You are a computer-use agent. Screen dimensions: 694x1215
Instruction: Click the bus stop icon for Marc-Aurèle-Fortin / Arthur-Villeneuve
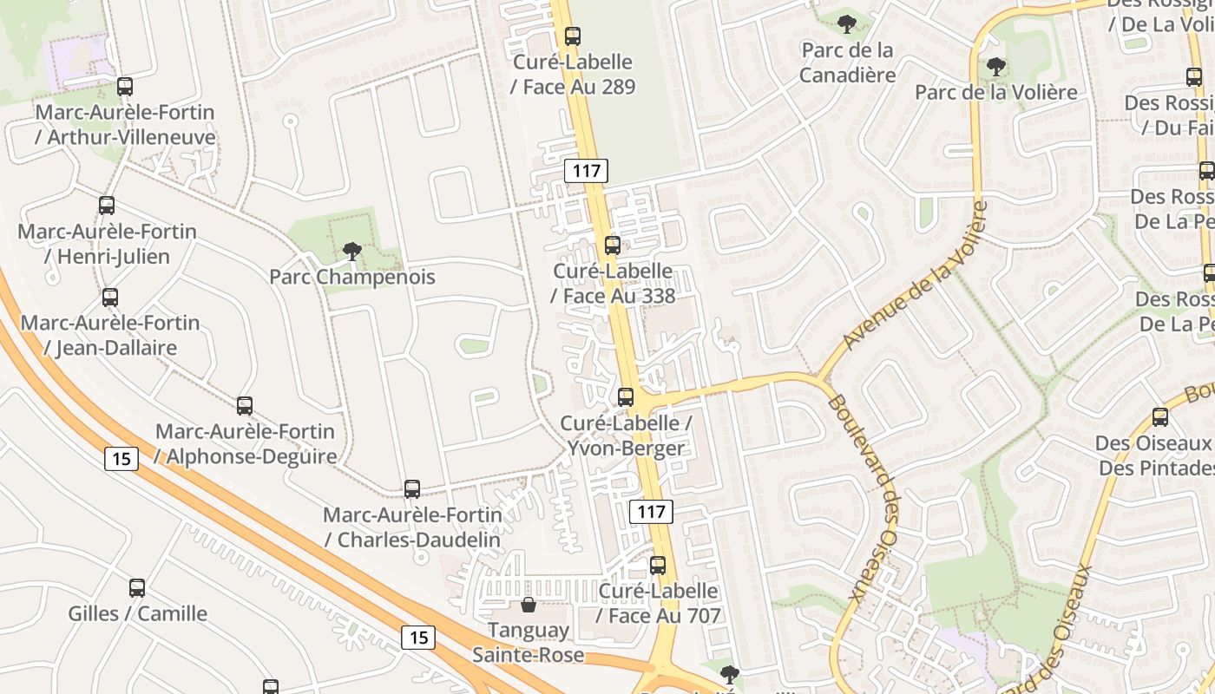[125, 87]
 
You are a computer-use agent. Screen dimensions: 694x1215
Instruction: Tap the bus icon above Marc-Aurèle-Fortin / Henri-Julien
[107, 206]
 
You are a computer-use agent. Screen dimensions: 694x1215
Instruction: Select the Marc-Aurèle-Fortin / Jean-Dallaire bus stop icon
[110, 298]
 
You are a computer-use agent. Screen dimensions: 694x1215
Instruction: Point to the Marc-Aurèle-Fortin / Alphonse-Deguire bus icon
[245, 405]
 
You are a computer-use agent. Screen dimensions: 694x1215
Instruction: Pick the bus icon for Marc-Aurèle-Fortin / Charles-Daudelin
[412, 489]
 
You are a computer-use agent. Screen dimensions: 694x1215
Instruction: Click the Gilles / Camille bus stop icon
[137, 588]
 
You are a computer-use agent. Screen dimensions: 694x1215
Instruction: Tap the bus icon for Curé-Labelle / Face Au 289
[572, 36]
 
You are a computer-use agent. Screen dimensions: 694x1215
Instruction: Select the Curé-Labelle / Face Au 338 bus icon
[613, 246]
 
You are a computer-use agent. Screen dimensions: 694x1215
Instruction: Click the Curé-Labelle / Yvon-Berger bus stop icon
[626, 397]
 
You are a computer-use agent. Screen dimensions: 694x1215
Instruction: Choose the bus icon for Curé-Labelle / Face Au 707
[658, 566]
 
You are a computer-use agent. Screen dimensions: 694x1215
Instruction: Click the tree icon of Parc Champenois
[351, 252]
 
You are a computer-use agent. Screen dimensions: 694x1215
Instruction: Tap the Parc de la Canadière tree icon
[846, 24]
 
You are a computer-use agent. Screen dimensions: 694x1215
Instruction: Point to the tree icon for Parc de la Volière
[996, 66]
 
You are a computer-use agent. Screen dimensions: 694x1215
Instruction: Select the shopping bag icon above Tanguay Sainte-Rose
[528, 605]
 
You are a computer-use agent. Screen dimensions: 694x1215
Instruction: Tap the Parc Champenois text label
[351, 278]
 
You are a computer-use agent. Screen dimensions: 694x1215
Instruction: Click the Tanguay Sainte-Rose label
[528, 643]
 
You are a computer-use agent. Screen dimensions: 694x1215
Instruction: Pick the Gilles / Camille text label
[138, 614]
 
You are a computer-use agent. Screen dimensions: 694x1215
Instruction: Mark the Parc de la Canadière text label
[847, 62]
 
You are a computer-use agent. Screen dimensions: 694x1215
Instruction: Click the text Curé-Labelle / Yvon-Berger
[626, 435]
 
